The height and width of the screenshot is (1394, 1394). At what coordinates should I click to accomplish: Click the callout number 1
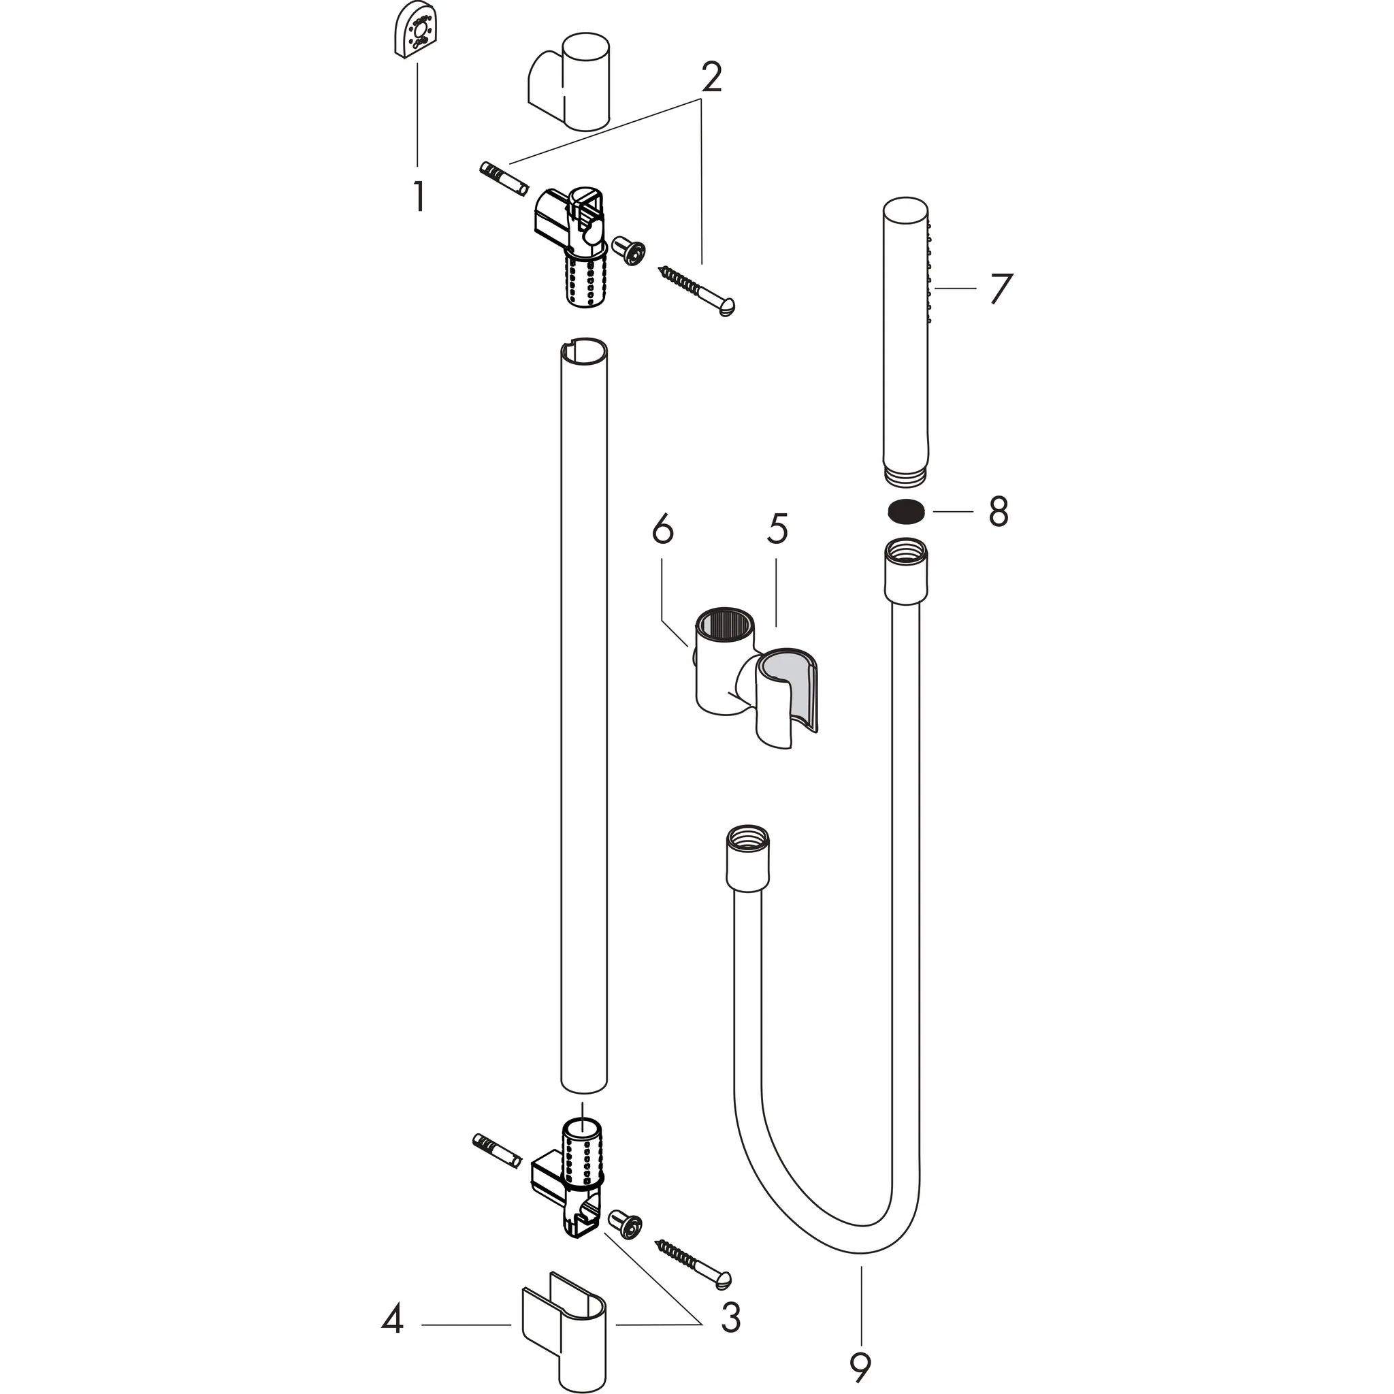tap(419, 195)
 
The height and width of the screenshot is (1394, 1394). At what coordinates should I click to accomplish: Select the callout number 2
tap(711, 77)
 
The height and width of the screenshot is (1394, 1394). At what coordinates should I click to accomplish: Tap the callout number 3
tap(730, 1318)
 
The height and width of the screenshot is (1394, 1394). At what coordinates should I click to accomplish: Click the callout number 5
tap(777, 529)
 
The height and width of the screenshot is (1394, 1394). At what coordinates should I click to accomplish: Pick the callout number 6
tap(662, 529)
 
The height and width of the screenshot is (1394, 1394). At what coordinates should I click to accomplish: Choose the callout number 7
tap(1001, 288)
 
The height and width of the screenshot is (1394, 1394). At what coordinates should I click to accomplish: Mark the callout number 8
tap(998, 512)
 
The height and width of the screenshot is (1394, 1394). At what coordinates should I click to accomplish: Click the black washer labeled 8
tap(905, 511)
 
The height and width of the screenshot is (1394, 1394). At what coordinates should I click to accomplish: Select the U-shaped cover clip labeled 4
tap(564, 1329)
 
